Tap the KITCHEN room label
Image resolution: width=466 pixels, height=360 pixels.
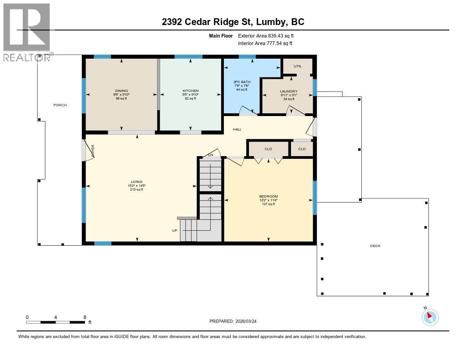point(191,91)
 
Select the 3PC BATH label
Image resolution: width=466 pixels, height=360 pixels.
point(242,82)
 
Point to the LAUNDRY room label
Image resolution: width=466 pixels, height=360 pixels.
point(289,91)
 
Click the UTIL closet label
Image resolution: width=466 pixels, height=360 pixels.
point(298,66)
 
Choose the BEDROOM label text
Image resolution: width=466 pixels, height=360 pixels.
point(268,196)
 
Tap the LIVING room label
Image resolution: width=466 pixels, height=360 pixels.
point(137,182)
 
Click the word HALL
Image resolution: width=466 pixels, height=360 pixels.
point(237,130)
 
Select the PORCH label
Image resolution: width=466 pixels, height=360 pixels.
point(60,105)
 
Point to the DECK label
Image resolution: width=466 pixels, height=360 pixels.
point(375,246)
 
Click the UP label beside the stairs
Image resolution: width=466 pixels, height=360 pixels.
point(174,230)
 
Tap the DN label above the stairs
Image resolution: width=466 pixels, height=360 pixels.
point(210,155)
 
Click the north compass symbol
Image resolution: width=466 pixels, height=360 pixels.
point(430,317)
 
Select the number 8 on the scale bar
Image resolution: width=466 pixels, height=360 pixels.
point(85,317)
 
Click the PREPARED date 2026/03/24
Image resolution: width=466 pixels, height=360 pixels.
point(249,321)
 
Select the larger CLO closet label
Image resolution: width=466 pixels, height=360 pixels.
point(268,149)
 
